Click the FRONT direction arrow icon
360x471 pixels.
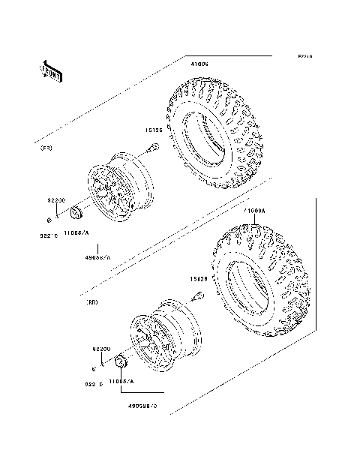pos(50,70)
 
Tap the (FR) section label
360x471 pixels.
pos(46,148)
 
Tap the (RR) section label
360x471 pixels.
pos(93,302)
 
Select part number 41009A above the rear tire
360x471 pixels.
pos(253,212)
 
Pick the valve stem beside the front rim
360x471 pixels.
pos(152,147)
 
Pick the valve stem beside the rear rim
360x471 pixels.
pos(199,295)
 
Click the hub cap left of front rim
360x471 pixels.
pos(76,217)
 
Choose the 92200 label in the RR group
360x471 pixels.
pos(102,349)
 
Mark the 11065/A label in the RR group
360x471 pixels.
pos(121,382)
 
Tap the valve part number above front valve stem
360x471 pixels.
pos(155,130)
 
